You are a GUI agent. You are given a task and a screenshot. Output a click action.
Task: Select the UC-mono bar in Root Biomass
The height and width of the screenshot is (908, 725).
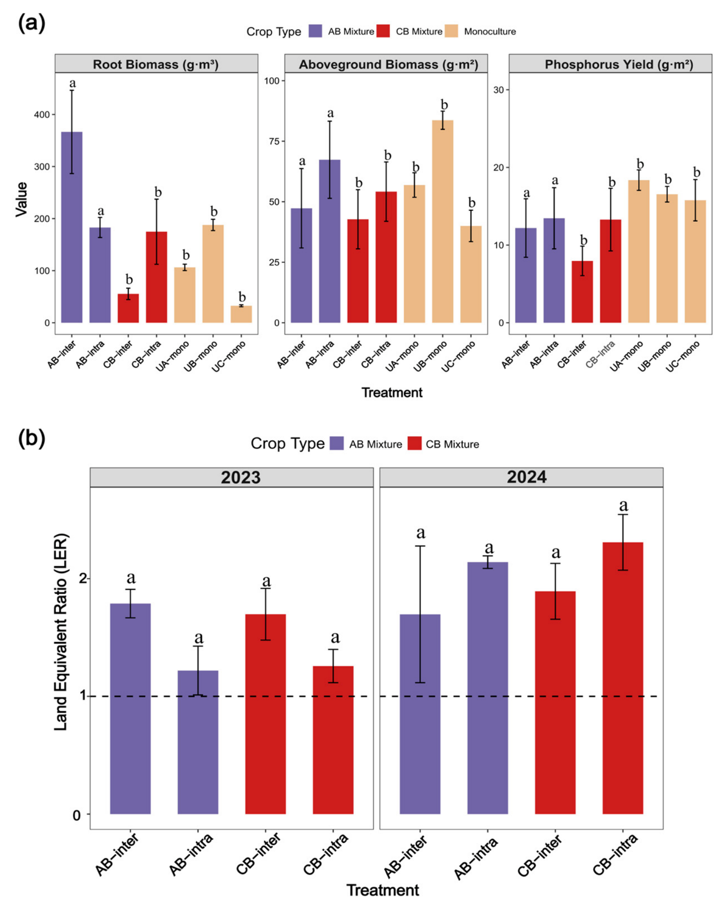[241, 314]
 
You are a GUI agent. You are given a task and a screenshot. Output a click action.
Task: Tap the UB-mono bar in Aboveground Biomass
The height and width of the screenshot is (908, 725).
[442, 221]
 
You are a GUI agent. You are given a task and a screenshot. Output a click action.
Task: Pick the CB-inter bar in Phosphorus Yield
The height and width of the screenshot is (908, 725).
[582, 291]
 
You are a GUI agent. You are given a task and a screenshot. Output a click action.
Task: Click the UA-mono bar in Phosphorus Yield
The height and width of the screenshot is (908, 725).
[639, 251]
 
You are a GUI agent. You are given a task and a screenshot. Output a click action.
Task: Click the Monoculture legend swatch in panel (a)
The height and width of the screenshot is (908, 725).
[451, 31]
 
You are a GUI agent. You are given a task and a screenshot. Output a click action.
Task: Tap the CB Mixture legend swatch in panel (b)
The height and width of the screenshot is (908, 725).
[414, 443]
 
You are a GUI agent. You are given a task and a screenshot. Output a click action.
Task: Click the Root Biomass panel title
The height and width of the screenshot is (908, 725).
[156, 64]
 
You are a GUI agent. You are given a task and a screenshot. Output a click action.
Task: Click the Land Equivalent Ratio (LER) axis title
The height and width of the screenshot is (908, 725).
[61, 632]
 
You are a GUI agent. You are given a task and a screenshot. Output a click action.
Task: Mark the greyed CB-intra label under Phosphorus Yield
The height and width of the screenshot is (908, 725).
[600, 355]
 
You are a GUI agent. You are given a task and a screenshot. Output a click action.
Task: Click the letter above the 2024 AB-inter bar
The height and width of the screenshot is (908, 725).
[421, 533]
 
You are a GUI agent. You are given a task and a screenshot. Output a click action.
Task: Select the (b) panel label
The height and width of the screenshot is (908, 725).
[31, 439]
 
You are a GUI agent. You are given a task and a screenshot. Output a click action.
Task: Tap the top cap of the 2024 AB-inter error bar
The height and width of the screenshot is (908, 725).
[420, 546]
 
